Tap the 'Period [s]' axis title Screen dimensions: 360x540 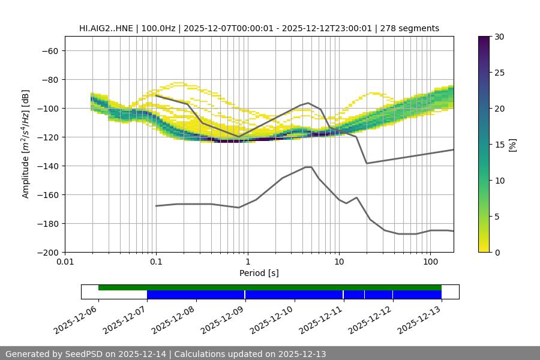pos(259,274)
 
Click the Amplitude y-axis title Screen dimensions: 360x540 pos(26,144)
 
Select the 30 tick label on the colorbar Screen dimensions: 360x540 pos(499,37)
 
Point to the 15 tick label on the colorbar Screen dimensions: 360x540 pos(499,145)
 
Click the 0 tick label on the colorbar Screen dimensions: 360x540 pos(496,252)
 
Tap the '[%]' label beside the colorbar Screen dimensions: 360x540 pos(512,145)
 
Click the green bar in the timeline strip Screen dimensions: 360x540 pos(270,287)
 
